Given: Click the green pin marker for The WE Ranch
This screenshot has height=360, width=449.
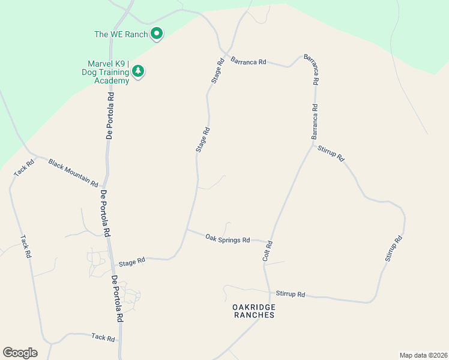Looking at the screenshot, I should pos(157,34).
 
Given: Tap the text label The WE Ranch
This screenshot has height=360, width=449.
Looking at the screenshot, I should pos(121,34).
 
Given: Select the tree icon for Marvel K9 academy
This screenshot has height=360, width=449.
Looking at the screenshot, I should pos(139,71).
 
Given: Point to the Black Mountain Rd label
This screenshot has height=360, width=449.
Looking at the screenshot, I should pos(73,173).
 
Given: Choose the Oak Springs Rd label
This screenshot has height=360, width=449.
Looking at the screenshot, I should pos(228,239).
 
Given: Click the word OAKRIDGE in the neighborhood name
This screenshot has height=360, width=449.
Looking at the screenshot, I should pos(254,307).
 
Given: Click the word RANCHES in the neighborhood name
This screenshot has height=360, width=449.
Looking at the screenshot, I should pos(254,315).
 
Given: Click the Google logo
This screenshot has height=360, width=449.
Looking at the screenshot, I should pos(20,353).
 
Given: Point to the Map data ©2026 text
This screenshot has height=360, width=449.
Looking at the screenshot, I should pos(423,355).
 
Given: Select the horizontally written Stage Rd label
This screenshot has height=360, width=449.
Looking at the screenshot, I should pos(132,262).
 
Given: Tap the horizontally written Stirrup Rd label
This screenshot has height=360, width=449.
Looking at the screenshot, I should pos(291,295).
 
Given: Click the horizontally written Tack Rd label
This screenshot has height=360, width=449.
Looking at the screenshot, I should pos(103,338).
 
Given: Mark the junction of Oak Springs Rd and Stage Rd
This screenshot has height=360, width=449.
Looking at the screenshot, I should pos(187,230).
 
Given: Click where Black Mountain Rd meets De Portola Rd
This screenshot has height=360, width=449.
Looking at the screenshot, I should pos(104,187).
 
